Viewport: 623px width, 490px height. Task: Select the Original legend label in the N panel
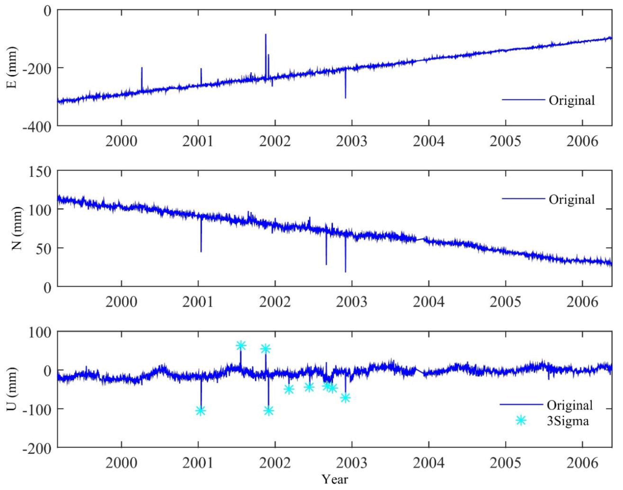[x=571, y=199]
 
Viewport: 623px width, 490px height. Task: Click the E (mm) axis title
[x=12, y=67]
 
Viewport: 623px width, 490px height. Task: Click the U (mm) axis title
[x=12, y=389]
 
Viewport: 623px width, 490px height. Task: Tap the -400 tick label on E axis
[x=37, y=126]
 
